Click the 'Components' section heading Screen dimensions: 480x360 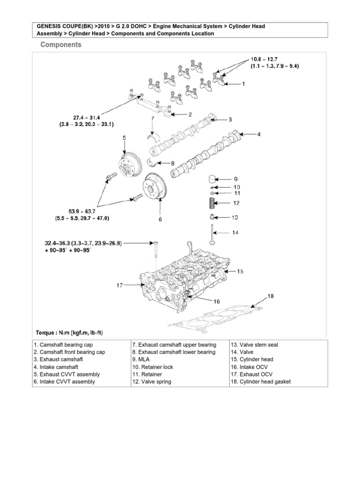click(61, 45)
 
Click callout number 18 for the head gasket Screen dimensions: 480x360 click(270, 296)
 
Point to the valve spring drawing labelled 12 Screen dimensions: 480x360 click(212, 204)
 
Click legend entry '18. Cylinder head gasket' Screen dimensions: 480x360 click(260, 382)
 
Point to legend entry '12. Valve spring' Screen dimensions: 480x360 click(152, 382)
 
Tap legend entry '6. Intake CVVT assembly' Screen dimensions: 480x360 click(64, 382)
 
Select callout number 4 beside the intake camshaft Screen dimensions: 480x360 click(259, 134)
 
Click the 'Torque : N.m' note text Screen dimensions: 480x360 click(69, 333)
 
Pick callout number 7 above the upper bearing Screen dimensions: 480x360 click(152, 119)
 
